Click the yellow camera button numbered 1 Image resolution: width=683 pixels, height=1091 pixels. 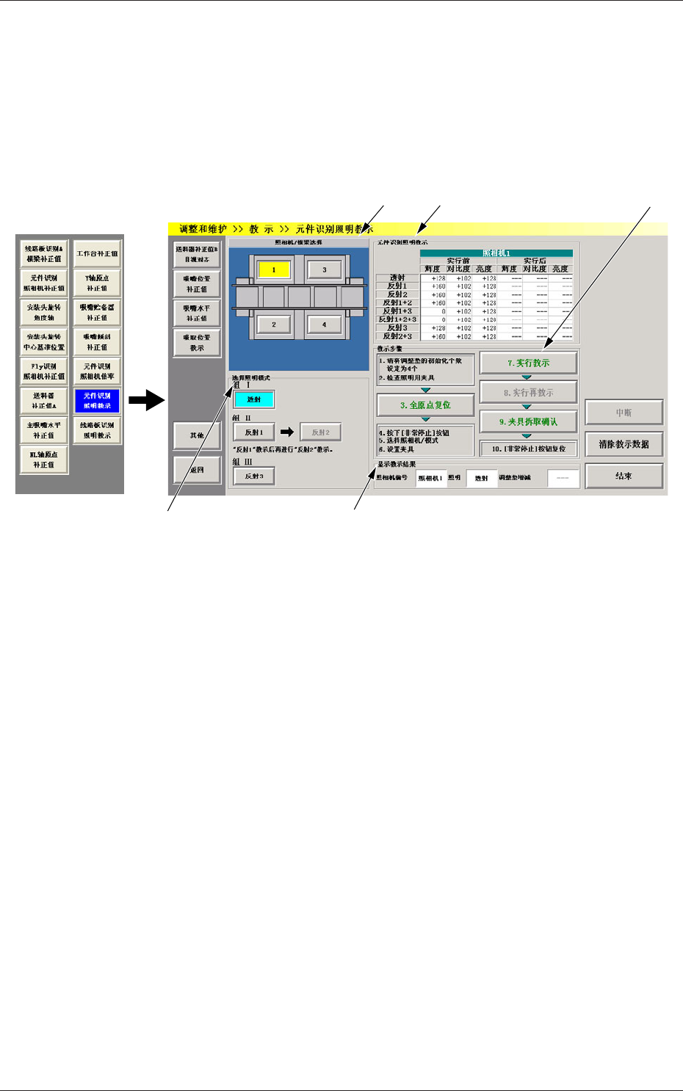pos(273,270)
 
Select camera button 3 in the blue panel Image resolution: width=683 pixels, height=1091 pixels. pos(324,270)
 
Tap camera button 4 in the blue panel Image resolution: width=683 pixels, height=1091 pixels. pos(324,325)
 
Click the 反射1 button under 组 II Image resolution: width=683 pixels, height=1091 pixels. pos(254,432)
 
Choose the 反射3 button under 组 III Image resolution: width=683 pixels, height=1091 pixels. pos(254,476)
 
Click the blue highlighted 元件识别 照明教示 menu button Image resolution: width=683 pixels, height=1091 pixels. pos(97,401)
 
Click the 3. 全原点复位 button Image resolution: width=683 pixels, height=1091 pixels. pos(425,405)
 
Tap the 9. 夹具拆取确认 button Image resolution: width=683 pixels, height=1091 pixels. pos(528,422)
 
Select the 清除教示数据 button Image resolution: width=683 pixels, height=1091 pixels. pos(624,444)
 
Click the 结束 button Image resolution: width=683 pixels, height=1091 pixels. pos(624,476)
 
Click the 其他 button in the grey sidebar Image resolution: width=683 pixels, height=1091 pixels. pos(197,435)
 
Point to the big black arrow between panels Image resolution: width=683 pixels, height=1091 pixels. pos(146,400)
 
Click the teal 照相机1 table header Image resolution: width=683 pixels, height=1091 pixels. pos(496,253)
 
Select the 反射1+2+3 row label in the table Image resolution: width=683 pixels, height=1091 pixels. pos(397,319)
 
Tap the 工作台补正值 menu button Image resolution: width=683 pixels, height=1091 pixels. pos(97,254)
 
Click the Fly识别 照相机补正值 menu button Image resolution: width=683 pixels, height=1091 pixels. pos(44,371)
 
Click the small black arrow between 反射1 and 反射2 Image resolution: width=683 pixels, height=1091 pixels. pos(287,432)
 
